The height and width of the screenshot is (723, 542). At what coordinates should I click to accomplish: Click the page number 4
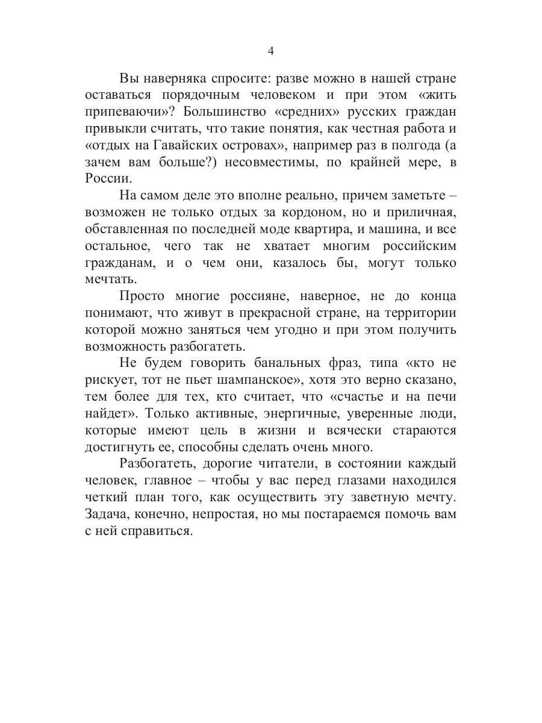(x=270, y=51)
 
